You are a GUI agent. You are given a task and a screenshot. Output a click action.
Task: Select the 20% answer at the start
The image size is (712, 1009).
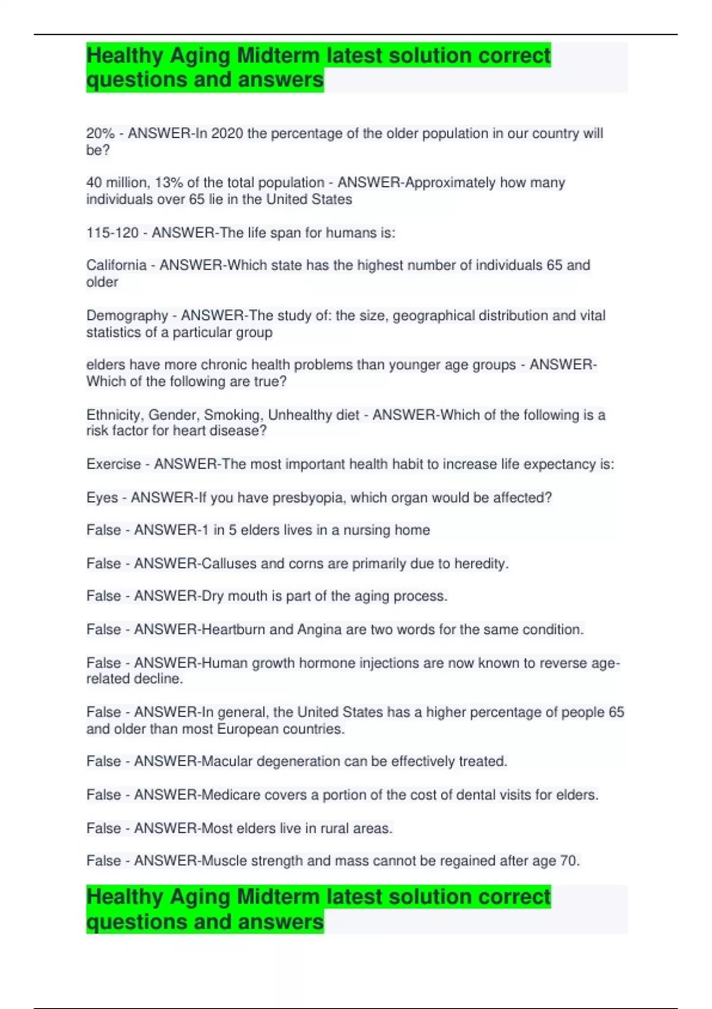[x=100, y=134]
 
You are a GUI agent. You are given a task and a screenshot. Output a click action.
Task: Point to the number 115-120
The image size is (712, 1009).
[x=112, y=233]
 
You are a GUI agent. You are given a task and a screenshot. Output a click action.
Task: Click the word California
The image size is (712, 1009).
[x=116, y=265]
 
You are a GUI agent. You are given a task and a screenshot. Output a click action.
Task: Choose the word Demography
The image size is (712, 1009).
[x=127, y=316]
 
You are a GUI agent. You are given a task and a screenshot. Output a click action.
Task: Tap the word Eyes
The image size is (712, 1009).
[x=102, y=497]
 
